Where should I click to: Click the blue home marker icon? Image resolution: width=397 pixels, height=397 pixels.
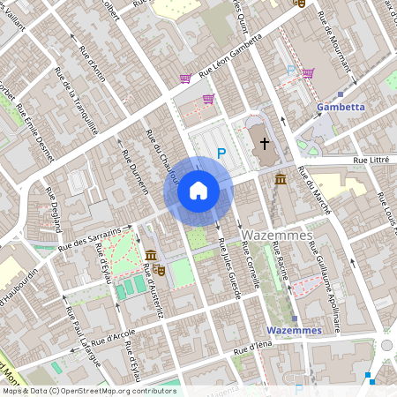pos(198,190)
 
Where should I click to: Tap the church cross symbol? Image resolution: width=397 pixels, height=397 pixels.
pos(263,143)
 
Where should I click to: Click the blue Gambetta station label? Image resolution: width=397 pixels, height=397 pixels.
pos(340,107)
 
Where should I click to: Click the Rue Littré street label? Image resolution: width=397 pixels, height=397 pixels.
pos(372,160)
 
